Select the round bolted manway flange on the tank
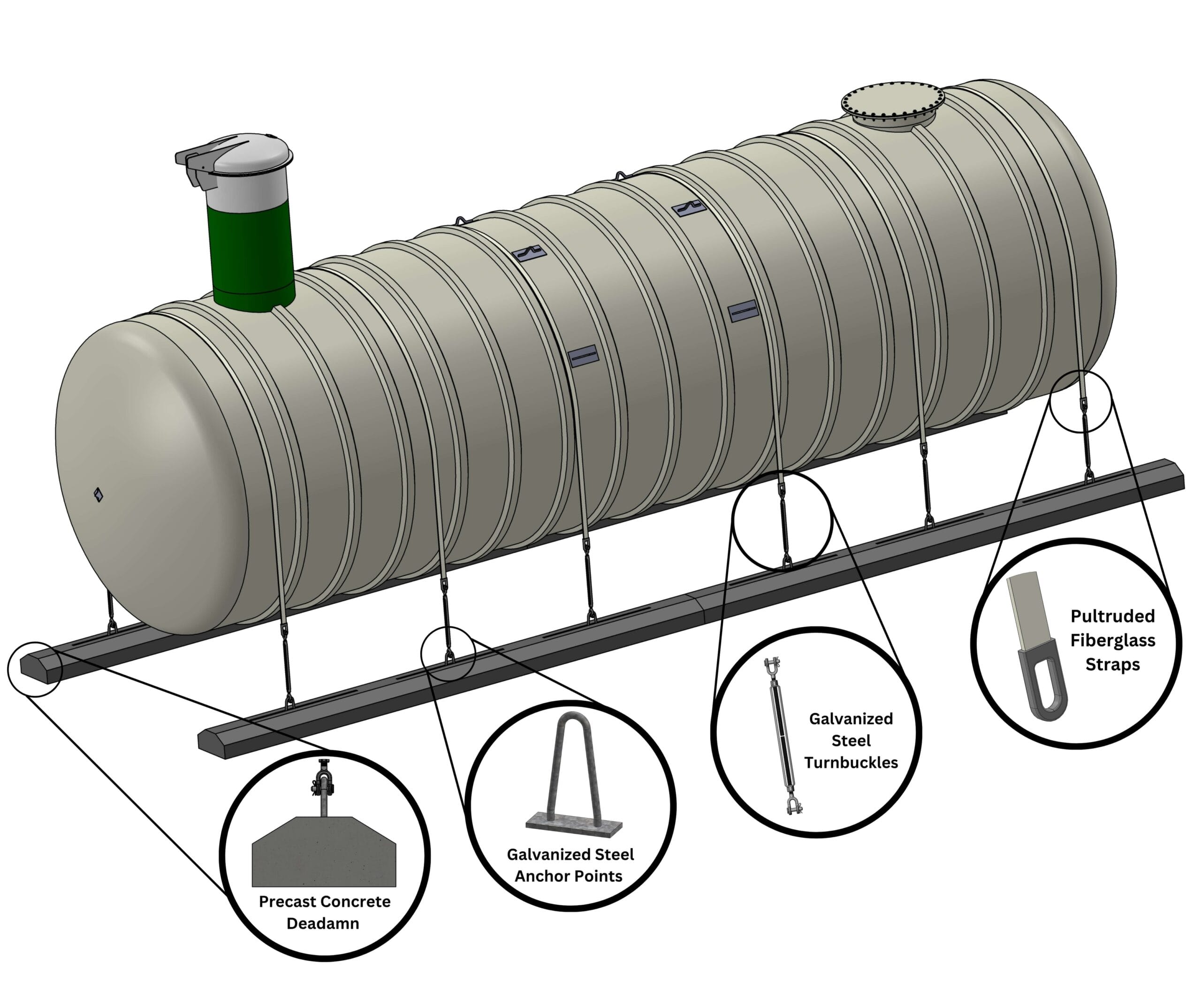(892, 105)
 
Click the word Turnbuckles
(851, 763)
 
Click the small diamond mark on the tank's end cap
(99, 495)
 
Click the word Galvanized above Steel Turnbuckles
(851, 719)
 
